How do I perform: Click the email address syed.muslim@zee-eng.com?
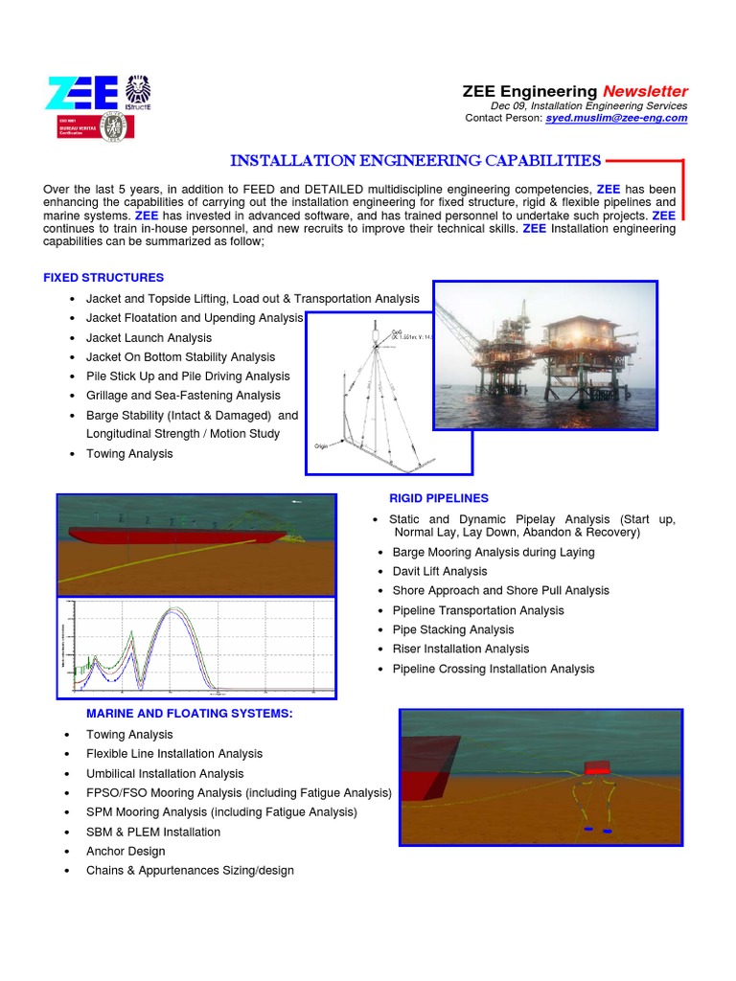point(616,118)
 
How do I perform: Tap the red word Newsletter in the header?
point(645,91)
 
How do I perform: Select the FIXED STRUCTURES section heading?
point(103,278)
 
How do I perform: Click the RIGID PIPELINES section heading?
point(438,498)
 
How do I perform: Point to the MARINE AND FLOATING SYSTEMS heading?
point(190,714)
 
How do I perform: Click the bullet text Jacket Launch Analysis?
point(149,338)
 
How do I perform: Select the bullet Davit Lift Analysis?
point(440,572)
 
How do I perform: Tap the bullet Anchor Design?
point(126,852)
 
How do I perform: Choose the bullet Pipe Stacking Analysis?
point(453,630)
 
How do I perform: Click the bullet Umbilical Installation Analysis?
point(165,774)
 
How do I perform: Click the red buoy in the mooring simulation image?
point(598,766)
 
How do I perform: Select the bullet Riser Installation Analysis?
point(460,650)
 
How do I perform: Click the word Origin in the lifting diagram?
point(322,446)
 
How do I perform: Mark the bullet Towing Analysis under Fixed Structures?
point(129,454)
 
